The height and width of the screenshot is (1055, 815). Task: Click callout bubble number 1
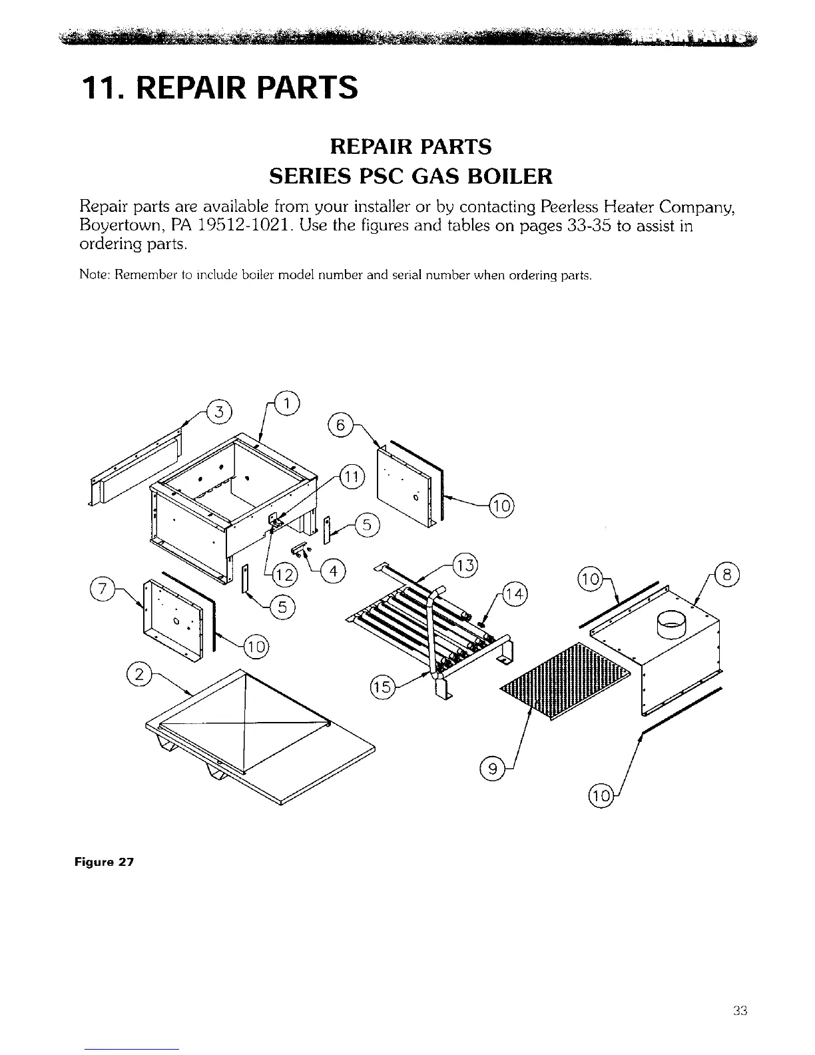(290, 402)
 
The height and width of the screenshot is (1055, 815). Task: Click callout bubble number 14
(514, 593)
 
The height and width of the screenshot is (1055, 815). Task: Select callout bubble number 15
(380, 687)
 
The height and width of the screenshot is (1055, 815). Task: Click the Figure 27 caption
(104, 862)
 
